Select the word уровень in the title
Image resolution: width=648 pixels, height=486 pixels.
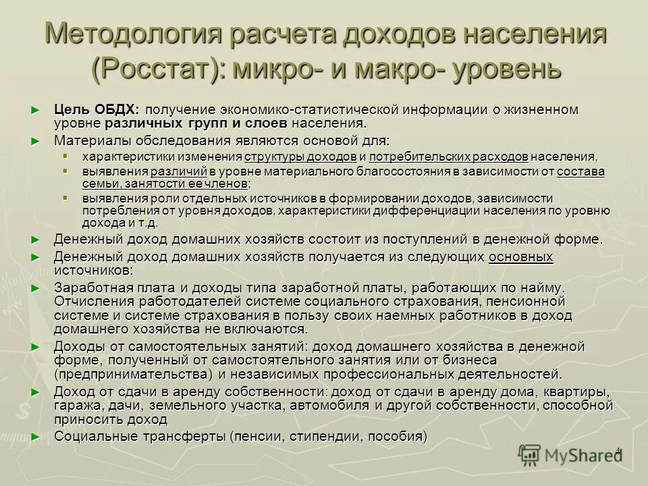coord(504,68)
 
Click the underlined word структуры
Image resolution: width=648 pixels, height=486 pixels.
coord(272,157)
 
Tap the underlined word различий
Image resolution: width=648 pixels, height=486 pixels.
coord(179,171)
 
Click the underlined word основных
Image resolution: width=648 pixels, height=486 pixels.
coord(520,257)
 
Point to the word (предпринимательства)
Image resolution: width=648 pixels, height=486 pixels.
coord(134,374)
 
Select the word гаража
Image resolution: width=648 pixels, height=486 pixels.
coord(75,406)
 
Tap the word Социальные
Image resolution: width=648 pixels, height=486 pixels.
coord(92,436)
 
